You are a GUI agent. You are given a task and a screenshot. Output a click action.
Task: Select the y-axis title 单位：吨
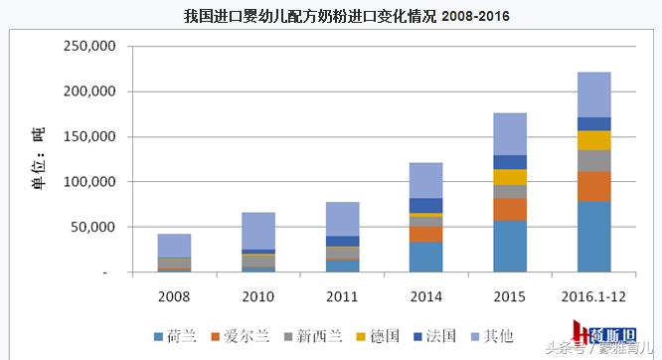tap(39, 159)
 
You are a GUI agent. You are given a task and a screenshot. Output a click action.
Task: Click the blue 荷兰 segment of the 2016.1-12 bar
tap(593, 237)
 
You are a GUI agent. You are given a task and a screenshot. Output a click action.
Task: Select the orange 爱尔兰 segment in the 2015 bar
tap(510, 209)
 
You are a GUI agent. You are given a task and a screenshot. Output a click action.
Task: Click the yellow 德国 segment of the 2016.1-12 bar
tap(593, 140)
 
